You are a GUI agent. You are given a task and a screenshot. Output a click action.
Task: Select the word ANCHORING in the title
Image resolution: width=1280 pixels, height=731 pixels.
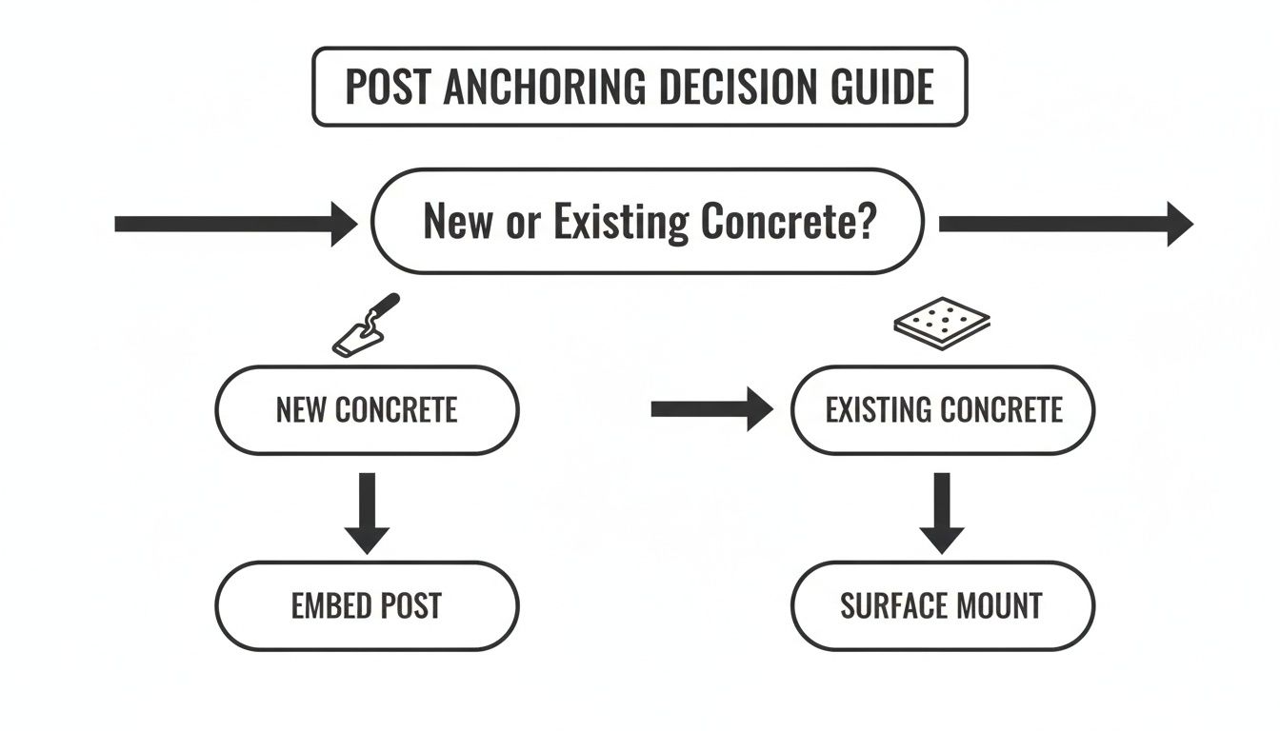click(x=544, y=88)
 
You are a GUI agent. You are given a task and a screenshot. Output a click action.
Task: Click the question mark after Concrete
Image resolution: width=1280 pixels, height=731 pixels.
click(x=865, y=221)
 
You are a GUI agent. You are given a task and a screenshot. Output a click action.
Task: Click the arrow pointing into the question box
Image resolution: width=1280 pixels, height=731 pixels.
click(x=234, y=224)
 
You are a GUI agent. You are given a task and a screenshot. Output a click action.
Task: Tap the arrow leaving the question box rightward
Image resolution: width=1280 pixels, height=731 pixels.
click(x=1065, y=224)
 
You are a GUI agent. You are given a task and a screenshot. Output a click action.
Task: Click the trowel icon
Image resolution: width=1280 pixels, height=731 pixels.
click(x=366, y=325)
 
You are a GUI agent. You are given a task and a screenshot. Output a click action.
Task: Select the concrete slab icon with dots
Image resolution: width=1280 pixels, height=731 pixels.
click(x=941, y=322)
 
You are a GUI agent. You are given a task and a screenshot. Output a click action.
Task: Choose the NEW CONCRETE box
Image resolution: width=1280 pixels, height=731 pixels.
click(x=367, y=410)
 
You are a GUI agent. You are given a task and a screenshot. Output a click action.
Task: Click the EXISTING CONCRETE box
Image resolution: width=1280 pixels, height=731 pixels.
click(x=943, y=410)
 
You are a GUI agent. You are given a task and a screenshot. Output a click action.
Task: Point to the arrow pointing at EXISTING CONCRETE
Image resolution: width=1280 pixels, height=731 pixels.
click(x=710, y=409)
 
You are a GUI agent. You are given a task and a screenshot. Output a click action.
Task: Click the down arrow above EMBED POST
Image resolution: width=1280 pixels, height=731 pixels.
click(x=367, y=512)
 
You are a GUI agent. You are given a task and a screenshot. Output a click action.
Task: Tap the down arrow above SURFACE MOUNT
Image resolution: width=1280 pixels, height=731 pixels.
click(x=942, y=512)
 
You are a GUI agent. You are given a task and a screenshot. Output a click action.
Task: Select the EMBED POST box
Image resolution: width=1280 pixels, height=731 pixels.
click(x=367, y=606)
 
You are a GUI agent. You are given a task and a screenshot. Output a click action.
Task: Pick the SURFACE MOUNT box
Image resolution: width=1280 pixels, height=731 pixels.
click(x=943, y=606)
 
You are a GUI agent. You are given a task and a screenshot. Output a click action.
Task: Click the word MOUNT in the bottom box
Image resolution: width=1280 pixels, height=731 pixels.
click(x=996, y=606)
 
